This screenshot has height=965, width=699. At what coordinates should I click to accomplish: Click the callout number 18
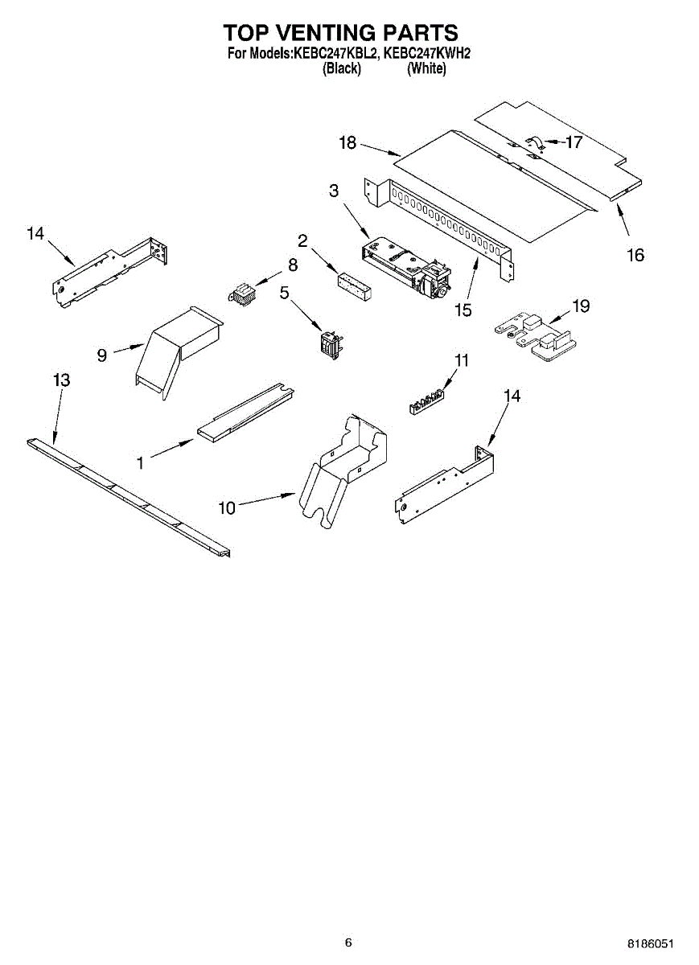click(x=347, y=143)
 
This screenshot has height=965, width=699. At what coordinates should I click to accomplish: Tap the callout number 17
click(x=574, y=142)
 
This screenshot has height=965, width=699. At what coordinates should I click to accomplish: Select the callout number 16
click(x=635, y=255)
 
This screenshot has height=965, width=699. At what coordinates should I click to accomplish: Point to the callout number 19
click(x=581, y=306)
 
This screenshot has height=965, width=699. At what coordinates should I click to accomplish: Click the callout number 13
click(x=61, y=380)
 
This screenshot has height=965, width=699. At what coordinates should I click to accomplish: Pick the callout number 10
click(x=227, y=507)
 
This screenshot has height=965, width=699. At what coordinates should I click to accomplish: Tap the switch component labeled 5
click(x=329, y=343)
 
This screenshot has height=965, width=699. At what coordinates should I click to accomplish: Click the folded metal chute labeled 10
click(x=342, y=470)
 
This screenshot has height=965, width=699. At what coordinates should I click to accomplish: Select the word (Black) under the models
click(x=341, y=69)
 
